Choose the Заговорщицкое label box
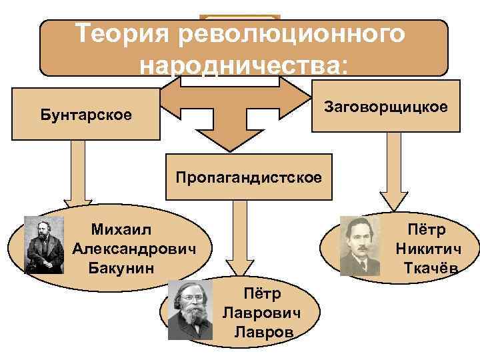[x=386, y=106]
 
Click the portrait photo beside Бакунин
[x=44, y=245]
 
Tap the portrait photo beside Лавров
[x=190, y=310]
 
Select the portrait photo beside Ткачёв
[x=359, y=246]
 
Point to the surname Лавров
[x=265, y=332]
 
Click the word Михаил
[x=121, y=229]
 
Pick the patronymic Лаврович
[x=261, y=313]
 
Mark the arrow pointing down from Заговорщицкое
[x=392, y=173]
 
